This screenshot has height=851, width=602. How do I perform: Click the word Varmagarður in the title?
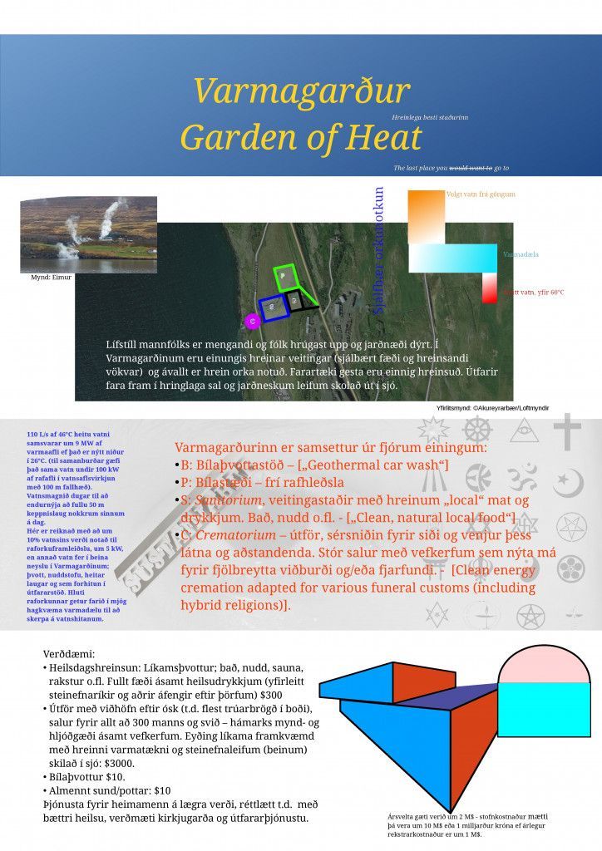(x=301, y=90)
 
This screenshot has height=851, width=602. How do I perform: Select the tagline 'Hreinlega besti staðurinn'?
(x=429, y=118)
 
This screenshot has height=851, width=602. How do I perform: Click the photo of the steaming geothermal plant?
(x=88, y=235)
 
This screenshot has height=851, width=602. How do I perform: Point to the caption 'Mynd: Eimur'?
(x=52, y=278)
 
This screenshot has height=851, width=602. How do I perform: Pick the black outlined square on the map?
(x=295, y=299)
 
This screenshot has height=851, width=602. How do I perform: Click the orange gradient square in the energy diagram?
(x=426, y=218)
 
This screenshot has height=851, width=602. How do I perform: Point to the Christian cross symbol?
(x=568, y=431)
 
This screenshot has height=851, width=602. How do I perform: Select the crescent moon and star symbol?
(x=568, y=482)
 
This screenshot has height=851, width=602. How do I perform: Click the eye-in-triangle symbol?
(x=525, y=430)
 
